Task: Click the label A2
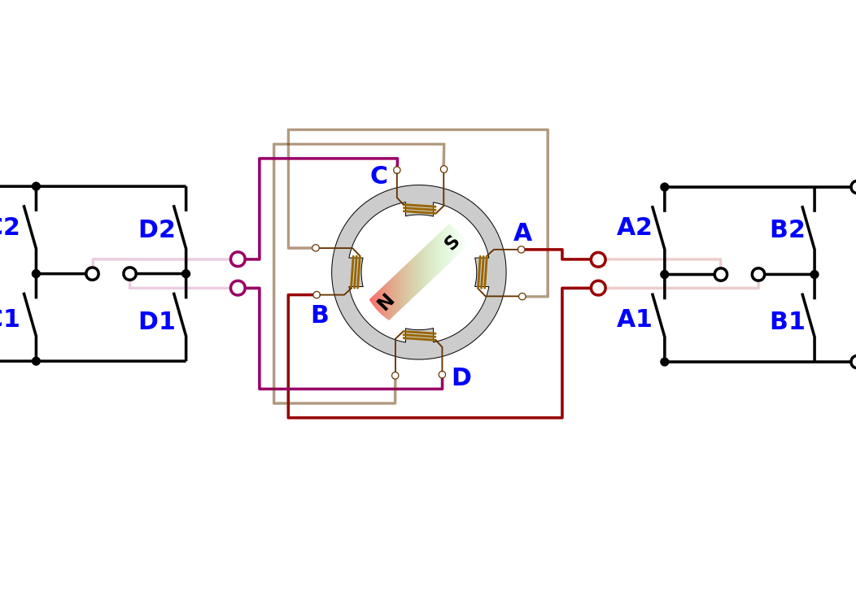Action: (634, 228)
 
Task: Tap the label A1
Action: (634, 319)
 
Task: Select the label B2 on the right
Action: (787, 229)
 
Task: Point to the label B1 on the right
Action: (787, 321)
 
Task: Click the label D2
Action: (156, 229)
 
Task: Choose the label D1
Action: (156, 321)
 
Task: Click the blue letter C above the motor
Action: (379, 176)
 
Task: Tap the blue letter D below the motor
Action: (461, 377)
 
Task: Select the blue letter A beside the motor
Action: (522, 233)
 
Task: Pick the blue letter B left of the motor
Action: (320, 316)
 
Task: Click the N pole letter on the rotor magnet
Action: (385, 302)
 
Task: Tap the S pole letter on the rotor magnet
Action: (452, 242)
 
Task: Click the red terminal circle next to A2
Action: (598, 259)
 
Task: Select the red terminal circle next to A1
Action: (598, 288)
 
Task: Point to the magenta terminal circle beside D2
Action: (238, 259)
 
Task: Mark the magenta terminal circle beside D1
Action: (238, 288)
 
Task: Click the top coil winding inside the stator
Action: (419, 209)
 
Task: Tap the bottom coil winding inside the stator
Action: (419, 335)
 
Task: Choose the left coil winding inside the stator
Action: (356, 272)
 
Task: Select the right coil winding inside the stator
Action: (482, 272)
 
